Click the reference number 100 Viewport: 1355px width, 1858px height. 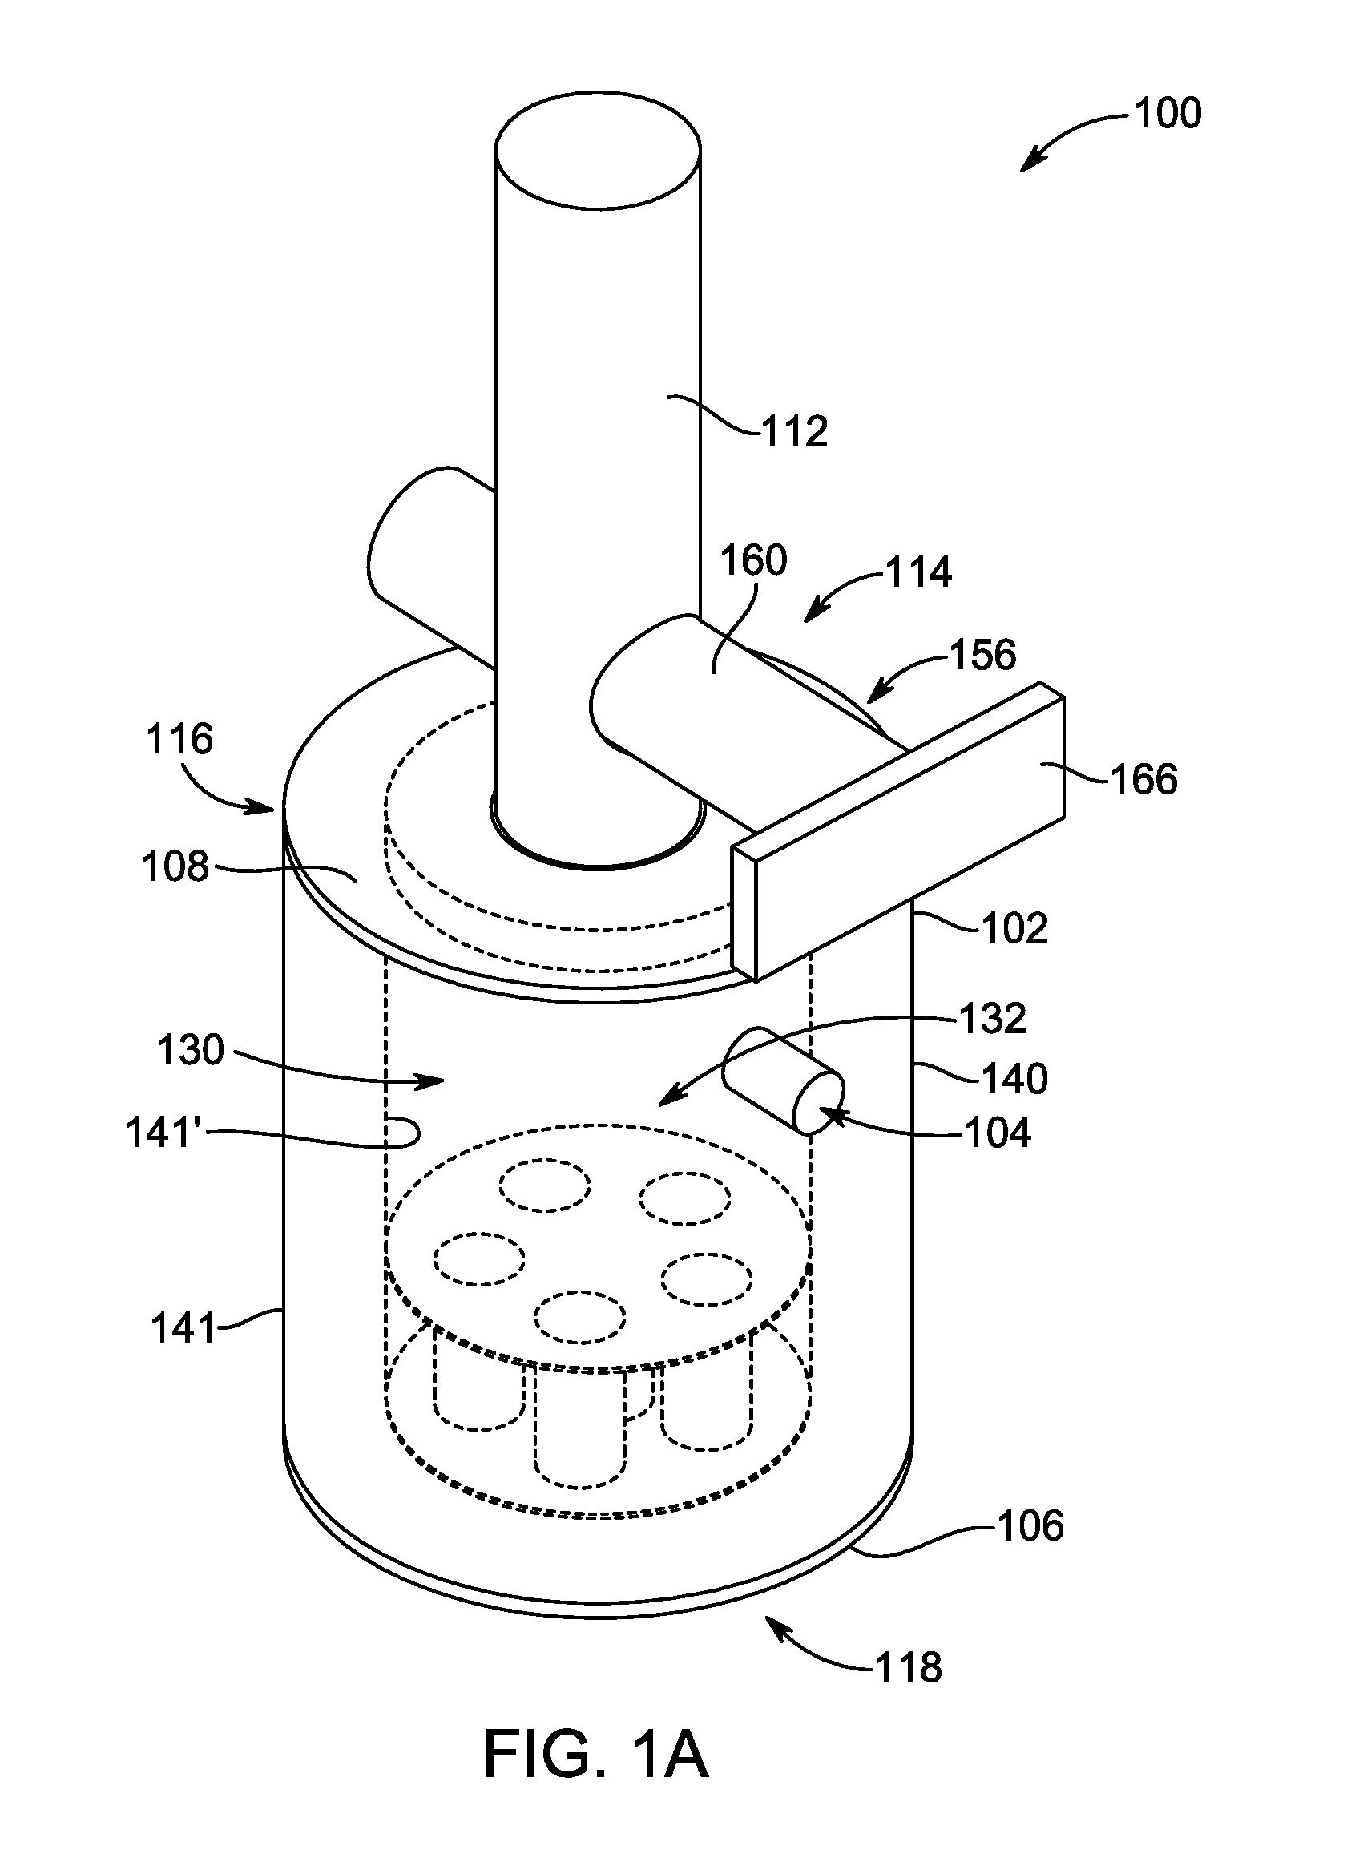1168,113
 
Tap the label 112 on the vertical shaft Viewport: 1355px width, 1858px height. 795,430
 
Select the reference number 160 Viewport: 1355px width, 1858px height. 753,560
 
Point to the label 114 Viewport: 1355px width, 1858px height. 918,572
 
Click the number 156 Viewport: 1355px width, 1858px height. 982,655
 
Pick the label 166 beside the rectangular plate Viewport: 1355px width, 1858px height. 1143,778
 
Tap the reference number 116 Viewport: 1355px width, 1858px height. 179,739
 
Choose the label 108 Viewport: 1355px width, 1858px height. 176,867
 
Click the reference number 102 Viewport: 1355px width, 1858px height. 1014,927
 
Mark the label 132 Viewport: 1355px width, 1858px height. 993,1019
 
